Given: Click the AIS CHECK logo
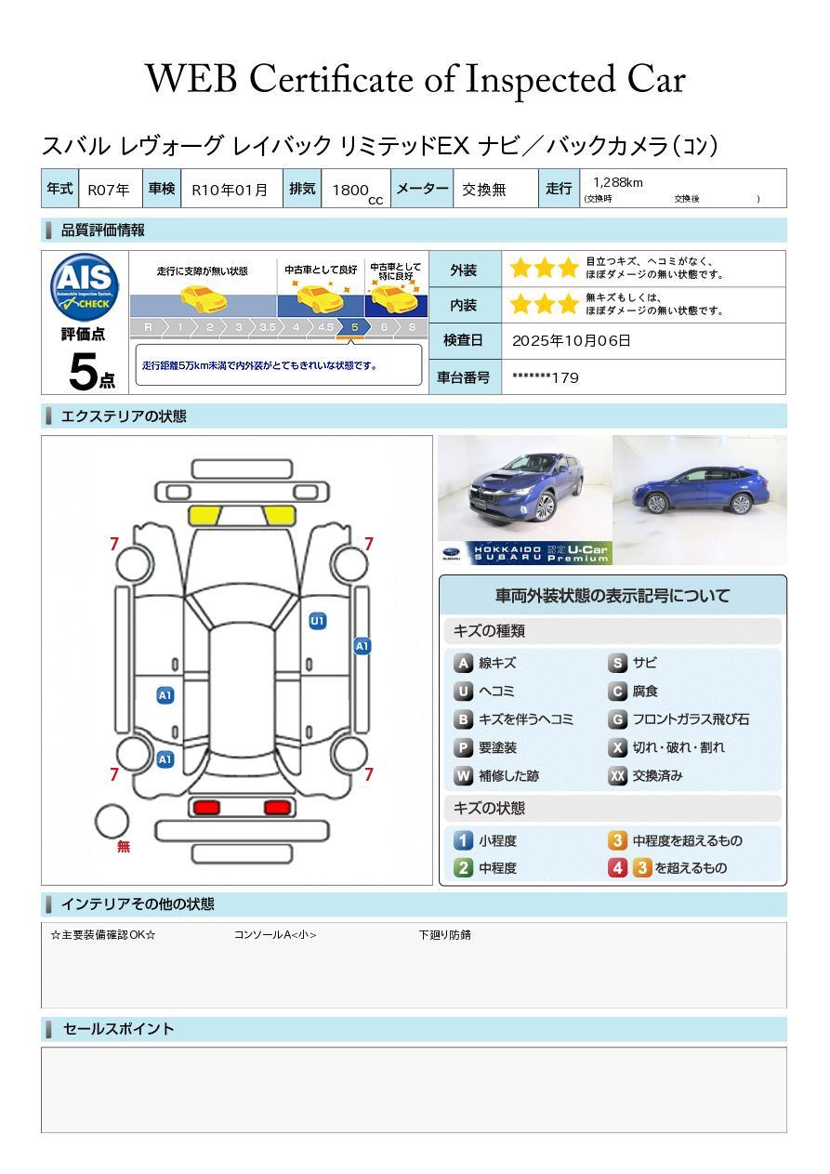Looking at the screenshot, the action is (85, 287).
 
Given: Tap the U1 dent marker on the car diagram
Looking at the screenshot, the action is (318, 621).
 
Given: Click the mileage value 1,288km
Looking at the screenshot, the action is (618, 182).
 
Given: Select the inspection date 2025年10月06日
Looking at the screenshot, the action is (572, 340).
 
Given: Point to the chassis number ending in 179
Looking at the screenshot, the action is (546, 378).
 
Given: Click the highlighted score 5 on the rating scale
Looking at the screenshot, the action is (355, 327).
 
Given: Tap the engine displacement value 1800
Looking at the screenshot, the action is (350, 190).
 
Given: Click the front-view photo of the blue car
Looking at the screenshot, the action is (525, 500).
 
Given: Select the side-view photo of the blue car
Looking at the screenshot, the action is (700, 500).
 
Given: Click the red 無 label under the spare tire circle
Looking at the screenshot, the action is (124, 846).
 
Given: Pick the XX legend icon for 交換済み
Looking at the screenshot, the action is (618, 775).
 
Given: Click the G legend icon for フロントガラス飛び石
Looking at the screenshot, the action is (618, 719).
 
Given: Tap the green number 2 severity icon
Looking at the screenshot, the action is (463, 868).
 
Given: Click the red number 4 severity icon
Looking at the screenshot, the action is (618, 868).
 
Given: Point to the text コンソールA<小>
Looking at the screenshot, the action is (275, 934).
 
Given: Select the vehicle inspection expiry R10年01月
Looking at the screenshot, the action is (230, 190).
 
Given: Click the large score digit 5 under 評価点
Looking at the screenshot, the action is (84, 371).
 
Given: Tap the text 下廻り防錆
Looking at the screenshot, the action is (445, 934).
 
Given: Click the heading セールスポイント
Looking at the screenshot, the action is (118, 1029).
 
